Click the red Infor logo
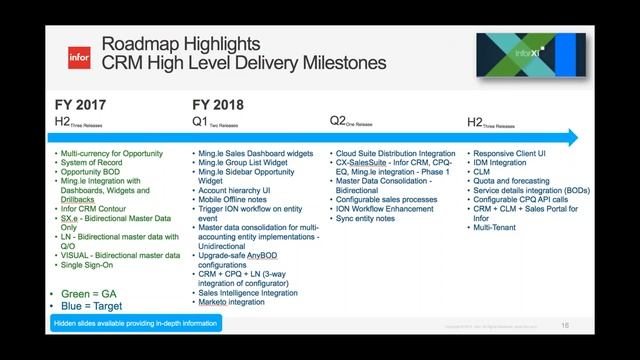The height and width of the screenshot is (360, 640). coord(79,57)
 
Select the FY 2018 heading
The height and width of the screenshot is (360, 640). coord(218,104)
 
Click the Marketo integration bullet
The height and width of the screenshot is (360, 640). coord(231,301)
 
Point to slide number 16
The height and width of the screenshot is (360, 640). coord(565,326)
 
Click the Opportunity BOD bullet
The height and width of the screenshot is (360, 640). coord(96,171)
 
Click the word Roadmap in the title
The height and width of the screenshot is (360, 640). coord(138,46)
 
